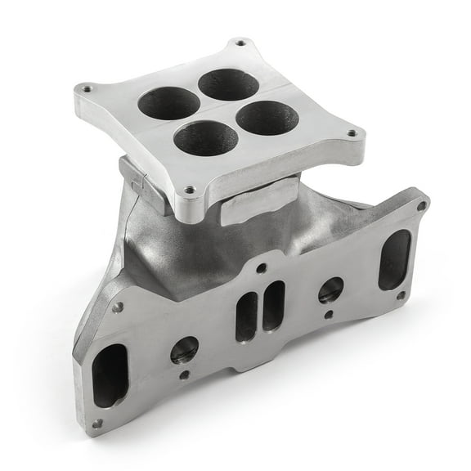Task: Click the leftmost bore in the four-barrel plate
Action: coord(169,103)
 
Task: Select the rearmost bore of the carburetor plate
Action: coord(228,84)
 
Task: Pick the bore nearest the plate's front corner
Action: coord(205,138)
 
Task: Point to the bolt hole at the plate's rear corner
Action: coord(240,42)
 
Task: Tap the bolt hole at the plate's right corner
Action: coord(352,132)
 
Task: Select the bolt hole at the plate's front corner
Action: coord(191,190)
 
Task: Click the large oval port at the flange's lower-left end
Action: coord(110,375)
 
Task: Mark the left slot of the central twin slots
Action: coord(247,316)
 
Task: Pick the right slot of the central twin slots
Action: coord(273,305)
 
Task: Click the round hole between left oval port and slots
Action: coord(184,350)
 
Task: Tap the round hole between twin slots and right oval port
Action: coord(330,289)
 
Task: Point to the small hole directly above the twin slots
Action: coord(261,268)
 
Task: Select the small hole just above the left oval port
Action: coord(118,307)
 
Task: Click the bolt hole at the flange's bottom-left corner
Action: coord(97,424)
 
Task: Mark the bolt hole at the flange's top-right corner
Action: coord(421,206)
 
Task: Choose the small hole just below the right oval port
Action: coord(401,294)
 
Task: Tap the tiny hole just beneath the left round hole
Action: coord(186,375)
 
